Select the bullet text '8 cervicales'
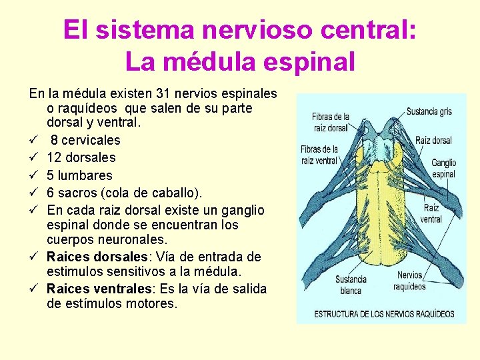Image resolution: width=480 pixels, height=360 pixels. (x=86, y=140)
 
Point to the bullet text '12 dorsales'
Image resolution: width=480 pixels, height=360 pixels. (x=81, y=157)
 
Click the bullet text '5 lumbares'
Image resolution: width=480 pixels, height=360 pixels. (x=79, y=175)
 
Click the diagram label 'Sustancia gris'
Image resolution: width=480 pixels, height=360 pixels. (x=429, y=111)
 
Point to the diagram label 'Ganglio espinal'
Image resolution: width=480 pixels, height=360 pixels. (x=443, y=168)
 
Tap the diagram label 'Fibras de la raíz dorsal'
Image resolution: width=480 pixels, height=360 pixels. (x=330, y=122)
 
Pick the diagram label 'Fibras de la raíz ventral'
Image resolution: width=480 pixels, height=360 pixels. (x=319, y=155)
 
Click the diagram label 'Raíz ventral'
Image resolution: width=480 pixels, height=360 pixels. (x=431, y=213)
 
